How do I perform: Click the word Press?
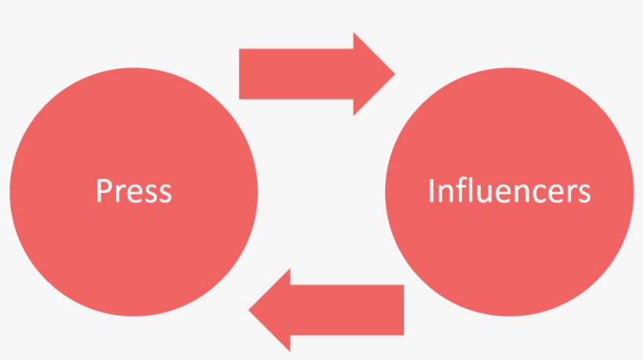[133, 191]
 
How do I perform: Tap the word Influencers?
[509, 191]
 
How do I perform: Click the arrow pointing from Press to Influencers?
[314, 74]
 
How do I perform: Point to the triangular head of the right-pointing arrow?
[372, 74]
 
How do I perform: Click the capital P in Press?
[103, 191]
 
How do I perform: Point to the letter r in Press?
[118, 193]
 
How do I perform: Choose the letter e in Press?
[132, 193]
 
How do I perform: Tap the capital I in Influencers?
[431, 191]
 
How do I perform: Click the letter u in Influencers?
[481, 193]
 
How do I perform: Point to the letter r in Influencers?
[569, 193]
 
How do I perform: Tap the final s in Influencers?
[583, 193]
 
